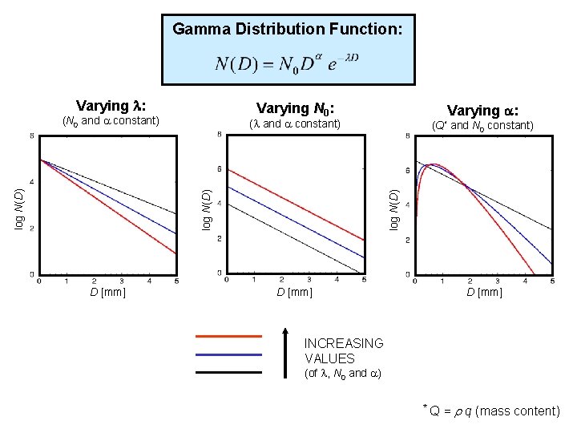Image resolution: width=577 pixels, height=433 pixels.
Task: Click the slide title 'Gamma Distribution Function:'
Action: click(x=288, y=30)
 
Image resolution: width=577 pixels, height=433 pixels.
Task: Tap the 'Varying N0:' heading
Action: click(x=295, y=108)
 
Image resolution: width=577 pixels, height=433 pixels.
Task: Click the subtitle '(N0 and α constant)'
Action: click(x=111, y=122)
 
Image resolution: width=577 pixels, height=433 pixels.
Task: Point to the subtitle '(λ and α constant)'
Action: click(x=295, y=124)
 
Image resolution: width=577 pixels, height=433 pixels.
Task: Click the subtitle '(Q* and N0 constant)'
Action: click(x=482, y=125)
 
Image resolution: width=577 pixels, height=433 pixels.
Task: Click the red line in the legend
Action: click(x=228, y=336)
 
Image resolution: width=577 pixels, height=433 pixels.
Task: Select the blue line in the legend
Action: click(x=228, y=354)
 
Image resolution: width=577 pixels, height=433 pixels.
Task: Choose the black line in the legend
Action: click(x=228, y=371)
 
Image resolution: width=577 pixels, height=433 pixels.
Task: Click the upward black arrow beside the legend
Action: click(x=286, y=351)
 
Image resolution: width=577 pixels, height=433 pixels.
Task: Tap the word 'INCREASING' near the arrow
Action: click(x=344, y=343)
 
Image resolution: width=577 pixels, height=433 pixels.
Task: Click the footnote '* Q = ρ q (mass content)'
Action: click(x=491, y=411)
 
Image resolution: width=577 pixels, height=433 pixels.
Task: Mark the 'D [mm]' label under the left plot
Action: click(x=107, y=292)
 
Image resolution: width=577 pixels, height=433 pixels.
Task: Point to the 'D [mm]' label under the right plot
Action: click(x=484, y=292)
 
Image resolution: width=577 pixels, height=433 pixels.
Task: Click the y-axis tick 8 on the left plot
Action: click(x=32, y=137)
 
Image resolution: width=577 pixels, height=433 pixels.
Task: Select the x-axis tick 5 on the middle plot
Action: click(x=364, y=280)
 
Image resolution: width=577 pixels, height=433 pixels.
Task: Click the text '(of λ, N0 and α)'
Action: click(x=342, y=374)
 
